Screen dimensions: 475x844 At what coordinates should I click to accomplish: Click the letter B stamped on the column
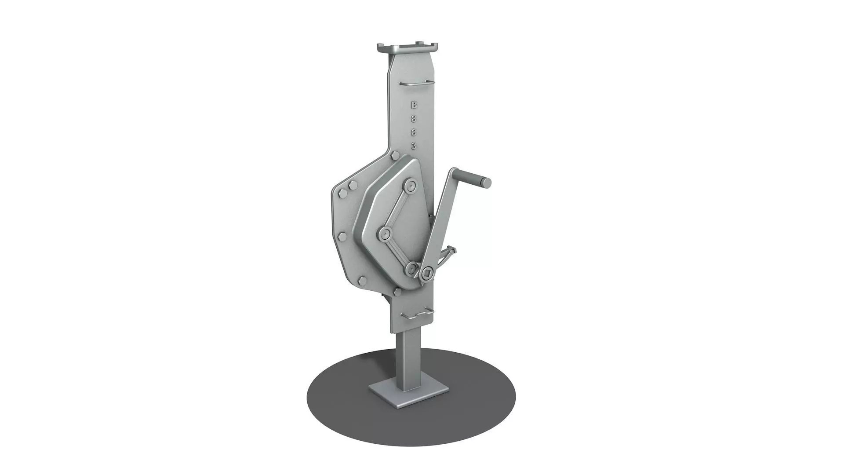pos(413,105)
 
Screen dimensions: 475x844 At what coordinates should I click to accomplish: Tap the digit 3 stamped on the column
pos(413,146)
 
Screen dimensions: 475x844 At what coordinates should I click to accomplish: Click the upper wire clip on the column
pos(416,83)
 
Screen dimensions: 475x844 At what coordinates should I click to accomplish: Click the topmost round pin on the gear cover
pos(411,186)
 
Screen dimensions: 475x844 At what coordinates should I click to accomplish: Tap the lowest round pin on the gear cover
pos(411,267)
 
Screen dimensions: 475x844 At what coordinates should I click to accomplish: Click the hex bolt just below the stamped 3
pos(394,156)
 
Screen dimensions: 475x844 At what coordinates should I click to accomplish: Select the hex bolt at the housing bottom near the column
pos(397,292)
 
